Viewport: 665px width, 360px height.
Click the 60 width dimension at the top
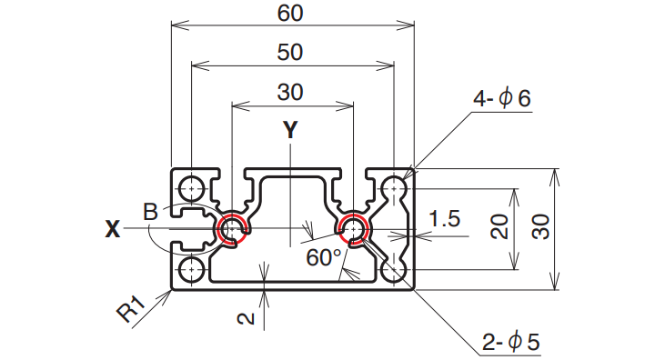pos(290,13)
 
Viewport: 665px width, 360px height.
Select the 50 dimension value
pos(290,52)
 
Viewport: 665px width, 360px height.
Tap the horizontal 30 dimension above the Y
pos(290,92)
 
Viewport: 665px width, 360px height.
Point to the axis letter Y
pos(290,130)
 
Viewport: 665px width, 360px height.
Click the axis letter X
pos(113,229)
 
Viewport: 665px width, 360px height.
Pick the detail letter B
pos(151,212)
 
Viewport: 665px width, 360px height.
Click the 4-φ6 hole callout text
pos(502,98)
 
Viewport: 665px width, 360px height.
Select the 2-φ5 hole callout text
pos(511,341)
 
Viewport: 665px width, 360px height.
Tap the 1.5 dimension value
pos(444,219)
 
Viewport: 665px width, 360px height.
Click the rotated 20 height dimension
pos(499,227)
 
